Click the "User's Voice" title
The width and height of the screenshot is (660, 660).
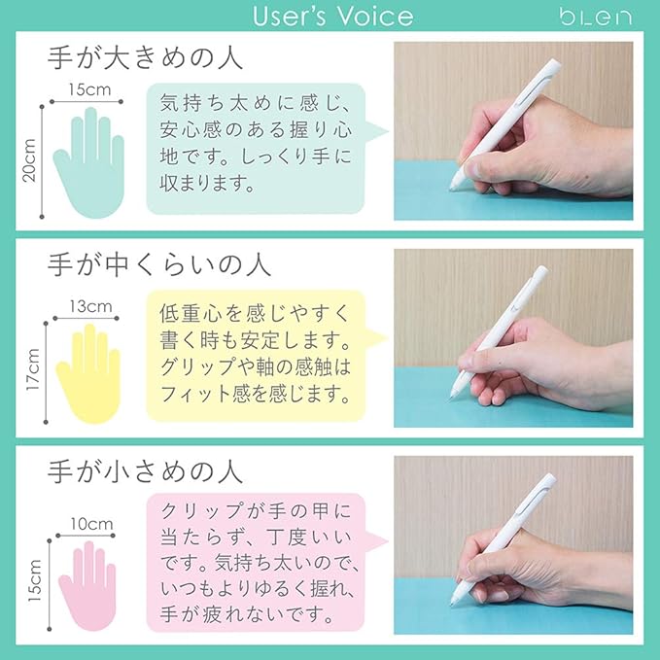(x=332, y=16)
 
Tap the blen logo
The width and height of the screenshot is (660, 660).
(x=595, y=17)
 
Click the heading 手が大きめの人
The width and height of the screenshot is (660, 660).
(x=145, y=57)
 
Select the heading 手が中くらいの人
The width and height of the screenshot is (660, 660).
(x=158, y=264)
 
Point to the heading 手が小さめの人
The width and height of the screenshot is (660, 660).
(x=145, y=471)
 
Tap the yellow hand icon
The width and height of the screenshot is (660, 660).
(x=88, y=374)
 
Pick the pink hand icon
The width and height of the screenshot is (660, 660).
(x=87, y=586)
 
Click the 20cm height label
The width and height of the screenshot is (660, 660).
(x=29, y=160)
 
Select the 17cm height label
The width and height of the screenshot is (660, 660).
(x=33, y=370)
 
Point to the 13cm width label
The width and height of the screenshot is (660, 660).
(x=91, y=306)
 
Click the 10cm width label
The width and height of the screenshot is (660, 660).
(x=91, y=524)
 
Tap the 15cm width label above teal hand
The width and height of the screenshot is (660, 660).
(x=89, y=89)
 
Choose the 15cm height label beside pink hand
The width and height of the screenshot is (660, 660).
(x=35, y=580)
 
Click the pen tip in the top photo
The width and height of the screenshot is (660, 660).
(x=452, y=189)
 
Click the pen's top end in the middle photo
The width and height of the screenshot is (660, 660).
(x=543, y=269)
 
